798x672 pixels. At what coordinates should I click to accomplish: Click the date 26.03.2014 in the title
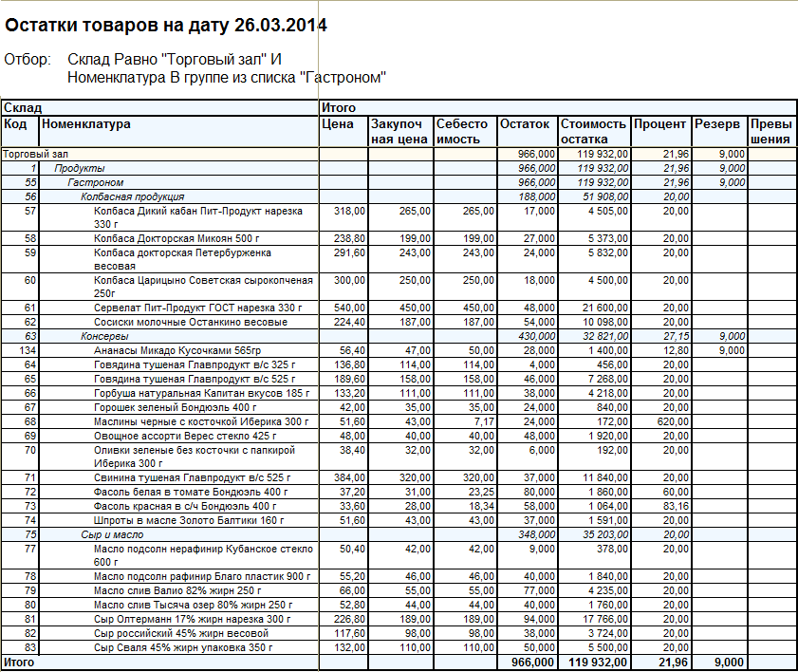click(281, 25)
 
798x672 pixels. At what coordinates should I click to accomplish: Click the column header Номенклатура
click(86, 123)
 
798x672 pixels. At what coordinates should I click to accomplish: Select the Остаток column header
click(525, 123)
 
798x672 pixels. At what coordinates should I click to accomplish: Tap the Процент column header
click(660, 124)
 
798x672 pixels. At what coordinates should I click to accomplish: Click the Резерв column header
click(717, 124)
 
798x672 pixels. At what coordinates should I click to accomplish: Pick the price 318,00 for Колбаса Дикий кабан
click(349, 211)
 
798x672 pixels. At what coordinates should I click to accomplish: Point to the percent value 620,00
click(673, 421)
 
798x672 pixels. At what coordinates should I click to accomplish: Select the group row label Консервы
click(104, 336)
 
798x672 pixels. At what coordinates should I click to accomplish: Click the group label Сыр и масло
click(112, 534)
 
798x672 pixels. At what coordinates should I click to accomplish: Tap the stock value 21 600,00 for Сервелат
click(605, 308)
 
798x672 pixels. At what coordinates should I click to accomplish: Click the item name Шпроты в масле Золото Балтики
click(189, 520)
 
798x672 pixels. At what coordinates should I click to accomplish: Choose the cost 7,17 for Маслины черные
click(484, 421)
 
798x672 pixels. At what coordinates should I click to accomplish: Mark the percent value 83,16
click(676, 506)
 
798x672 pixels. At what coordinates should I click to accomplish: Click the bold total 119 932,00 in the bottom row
click(598, 662)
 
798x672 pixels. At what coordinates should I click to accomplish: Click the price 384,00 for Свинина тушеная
click(349, 477)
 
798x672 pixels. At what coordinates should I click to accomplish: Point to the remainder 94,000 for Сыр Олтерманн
click(540, 619)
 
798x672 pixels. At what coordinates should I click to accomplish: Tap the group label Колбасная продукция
click(132, 197)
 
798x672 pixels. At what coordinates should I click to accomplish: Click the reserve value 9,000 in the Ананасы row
click(732, 350)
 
